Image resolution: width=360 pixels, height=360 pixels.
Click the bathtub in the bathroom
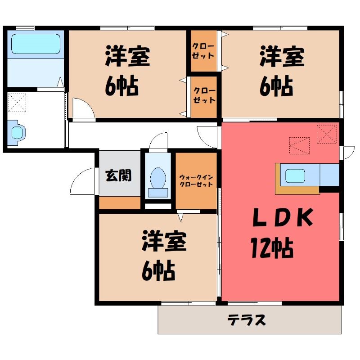[x=36, y=44]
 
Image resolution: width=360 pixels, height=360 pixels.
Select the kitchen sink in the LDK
[x=295, y=176]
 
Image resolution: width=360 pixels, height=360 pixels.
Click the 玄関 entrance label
[x=118, y=175]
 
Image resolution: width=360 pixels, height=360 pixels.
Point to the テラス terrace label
[x=247, y=319]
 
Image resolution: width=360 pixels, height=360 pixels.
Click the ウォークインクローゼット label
[x=196, y=181]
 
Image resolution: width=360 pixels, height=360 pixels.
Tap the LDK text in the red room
[x=283, y=217]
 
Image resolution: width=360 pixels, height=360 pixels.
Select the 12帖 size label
[x=272, y=248]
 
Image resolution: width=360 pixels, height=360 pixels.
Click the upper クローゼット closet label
[x=203, y=51]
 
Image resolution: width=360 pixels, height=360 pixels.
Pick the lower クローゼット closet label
[x=204, y=95]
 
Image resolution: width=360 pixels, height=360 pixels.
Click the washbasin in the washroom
[x=17, y=133]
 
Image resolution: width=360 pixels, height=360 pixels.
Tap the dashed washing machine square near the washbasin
[x=17, y=103]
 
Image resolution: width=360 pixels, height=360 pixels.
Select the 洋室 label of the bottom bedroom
[x=164, y=241]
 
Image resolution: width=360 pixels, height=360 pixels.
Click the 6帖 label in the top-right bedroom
[x=276, y=86]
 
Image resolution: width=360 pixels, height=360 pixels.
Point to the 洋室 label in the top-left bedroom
[x=128, y=56]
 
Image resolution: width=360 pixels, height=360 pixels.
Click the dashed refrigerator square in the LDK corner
[x=327, y=134]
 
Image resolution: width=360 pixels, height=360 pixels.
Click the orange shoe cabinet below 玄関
[x=120, y=203]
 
